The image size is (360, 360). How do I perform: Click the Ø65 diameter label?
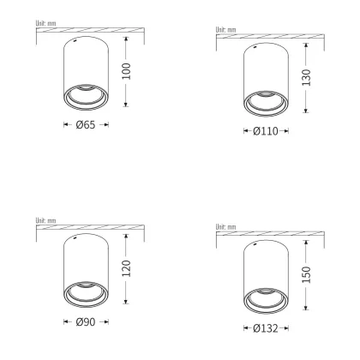tap(86, 125)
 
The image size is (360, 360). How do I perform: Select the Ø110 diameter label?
tap(266, 132)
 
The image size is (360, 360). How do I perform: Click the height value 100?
tap(127, 71)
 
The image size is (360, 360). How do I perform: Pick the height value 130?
tap(306, 77)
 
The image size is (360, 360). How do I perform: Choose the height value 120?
tap(127, 269)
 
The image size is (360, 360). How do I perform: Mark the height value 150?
tap(307, 273)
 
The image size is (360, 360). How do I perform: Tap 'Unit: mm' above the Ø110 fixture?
tap(225, 29)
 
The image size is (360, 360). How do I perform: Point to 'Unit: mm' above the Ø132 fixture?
tap(225, 226)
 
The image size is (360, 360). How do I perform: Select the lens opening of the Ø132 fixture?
tap(266, 300)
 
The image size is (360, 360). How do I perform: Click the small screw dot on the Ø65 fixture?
tap(75, 40)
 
